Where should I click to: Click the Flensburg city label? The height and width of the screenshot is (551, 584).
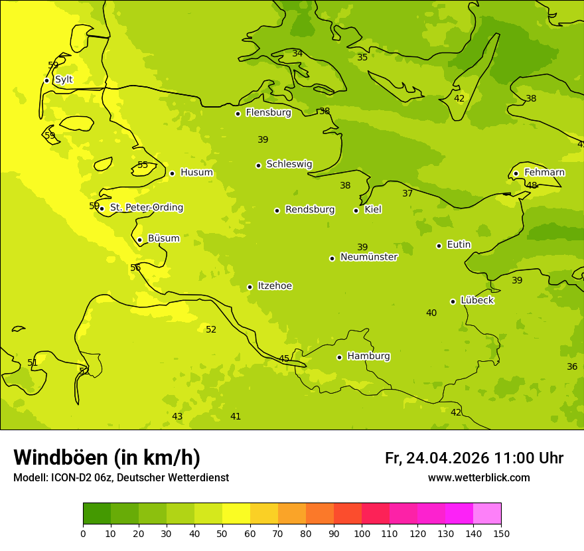pos(268,113)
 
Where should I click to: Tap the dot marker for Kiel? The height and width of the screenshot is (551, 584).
pos(356,210)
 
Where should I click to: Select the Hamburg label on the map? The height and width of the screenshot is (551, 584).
pos(368,356)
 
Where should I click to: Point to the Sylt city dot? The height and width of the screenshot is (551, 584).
pos(46,80)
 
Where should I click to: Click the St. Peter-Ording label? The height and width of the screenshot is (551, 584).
pos(146,208)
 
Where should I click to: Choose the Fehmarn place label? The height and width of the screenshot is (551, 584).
pos(544,173)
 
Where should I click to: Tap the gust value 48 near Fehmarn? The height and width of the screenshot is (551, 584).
pos(532,186)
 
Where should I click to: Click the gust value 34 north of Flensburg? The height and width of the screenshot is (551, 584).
pos(297,54)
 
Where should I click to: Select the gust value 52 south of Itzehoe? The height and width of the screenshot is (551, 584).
pos(211,330)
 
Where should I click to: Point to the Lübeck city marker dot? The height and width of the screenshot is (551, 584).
pos(453,301)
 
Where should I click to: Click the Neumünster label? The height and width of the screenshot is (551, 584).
pos(368,258)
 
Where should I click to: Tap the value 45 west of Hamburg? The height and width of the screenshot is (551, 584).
pos(284,359)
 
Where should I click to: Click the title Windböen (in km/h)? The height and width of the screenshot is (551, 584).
pos(107,457)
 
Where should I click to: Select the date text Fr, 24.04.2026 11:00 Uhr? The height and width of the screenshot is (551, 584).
pos(474,458)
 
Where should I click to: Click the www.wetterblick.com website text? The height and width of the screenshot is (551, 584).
pos(478,478)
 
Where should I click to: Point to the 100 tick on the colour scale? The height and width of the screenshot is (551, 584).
pos(362,533)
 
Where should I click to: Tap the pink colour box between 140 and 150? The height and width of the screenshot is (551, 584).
pos(487,514)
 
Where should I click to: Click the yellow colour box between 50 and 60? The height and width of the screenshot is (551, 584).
pos(236,514)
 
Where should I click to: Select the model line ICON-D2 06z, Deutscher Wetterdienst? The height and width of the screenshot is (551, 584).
pos(121,478)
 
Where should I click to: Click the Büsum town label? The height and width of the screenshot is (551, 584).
pos(163,238)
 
